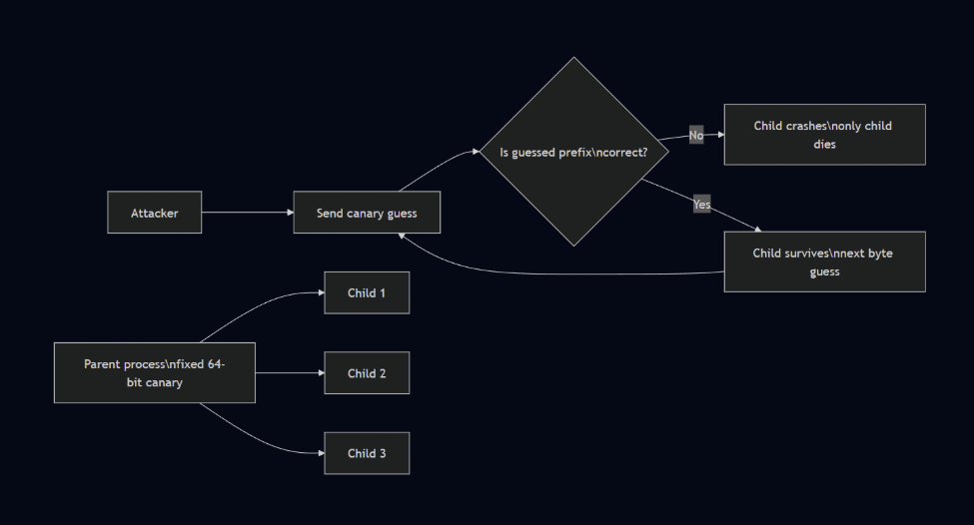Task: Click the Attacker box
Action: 154,213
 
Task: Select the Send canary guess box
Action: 367,213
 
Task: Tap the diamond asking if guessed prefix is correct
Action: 573,152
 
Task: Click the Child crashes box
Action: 824,134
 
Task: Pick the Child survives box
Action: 824,262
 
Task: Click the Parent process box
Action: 154,372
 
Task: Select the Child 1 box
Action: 367,292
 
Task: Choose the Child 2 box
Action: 367,373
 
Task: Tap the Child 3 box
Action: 367,453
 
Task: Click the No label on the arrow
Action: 696,135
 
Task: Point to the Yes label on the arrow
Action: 702,205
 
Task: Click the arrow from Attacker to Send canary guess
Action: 247,213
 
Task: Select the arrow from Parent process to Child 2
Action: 290,373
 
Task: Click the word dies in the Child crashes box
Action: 824,144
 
